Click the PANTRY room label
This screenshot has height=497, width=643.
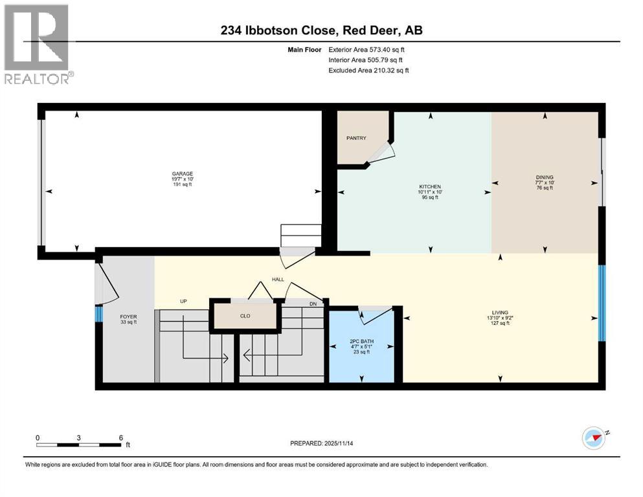pos(356,138)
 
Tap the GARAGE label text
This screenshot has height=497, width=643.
pos(182,174)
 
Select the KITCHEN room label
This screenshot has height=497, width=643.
pos(429,187)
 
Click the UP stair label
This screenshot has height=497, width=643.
pos(184,302)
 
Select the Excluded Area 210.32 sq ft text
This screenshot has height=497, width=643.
pos(368,70)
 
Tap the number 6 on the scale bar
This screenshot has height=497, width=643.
pos(120,437)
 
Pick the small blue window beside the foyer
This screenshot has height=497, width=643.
pos(98,314)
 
